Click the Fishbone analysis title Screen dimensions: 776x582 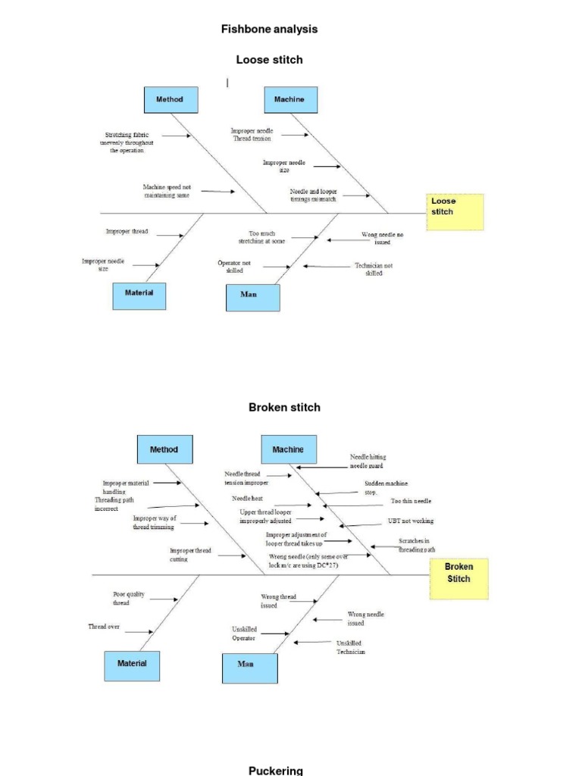click(269, 29)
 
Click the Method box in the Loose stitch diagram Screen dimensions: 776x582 click(170, 100)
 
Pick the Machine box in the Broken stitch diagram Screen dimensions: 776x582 click(287, 449)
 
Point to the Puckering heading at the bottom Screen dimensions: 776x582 click(276, 770)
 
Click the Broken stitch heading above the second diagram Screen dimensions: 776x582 click(284, 407)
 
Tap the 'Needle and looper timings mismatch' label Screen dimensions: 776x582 click(312, 196)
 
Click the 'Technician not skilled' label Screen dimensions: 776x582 click(374, 269)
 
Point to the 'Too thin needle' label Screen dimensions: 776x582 click(411, 501)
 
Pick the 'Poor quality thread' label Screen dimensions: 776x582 click(121, 599)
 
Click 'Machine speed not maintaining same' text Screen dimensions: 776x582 click(166, 191)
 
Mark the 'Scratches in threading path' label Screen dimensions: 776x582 click(417, 546)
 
